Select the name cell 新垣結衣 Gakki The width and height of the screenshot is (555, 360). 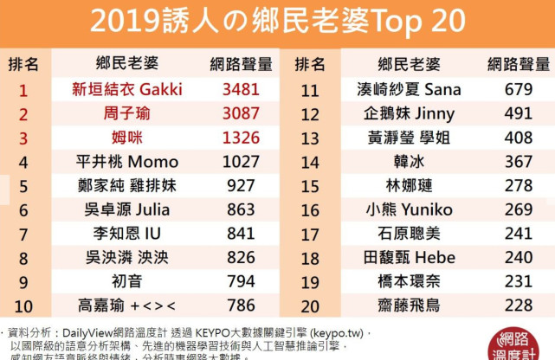click(x=126, y=89)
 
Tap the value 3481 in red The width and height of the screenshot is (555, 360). click(x=241, y=89)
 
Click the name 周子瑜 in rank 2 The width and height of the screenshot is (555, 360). click(x=126, y=113)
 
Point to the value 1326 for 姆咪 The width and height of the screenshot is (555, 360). click(x=241, y=138)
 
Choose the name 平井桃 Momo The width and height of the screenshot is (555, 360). click(x=126, y=162)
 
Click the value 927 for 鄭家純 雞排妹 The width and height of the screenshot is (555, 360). click(x=241, y=186)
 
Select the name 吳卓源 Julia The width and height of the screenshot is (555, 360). click(x=126, y=210)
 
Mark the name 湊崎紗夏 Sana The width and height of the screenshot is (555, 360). click(x=409, y=89)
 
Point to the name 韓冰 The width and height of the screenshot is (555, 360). click(x=409, y=162)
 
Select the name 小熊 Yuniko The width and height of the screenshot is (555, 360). click(x=409, y=210)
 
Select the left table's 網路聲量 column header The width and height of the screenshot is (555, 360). click(x=241, y=64)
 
